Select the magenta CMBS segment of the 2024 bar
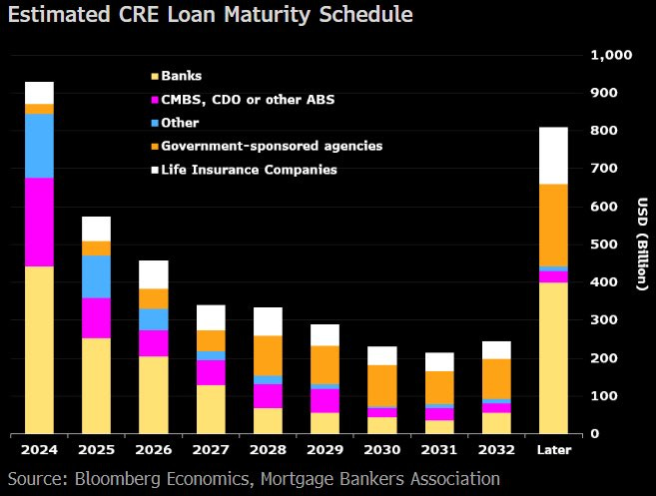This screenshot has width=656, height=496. (x=40, y=222)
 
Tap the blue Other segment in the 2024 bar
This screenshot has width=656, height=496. (x=40, y=146)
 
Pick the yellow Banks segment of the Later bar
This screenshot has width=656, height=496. (x=553, y=357)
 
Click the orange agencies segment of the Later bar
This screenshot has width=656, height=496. (x=553, y=225)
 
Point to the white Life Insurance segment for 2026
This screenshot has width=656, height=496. (x=154, y=274)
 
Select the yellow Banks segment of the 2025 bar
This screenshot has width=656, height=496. (x=97, y=385)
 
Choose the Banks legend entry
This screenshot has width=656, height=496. (x=182, y=76)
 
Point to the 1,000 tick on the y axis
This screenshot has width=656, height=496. (x=611, y=55)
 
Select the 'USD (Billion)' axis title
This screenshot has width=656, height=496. (x=641, y=245)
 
